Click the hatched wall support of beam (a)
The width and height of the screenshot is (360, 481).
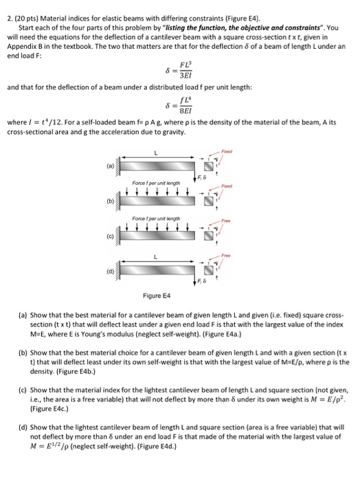pyautogui.click(x=117, y=166)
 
